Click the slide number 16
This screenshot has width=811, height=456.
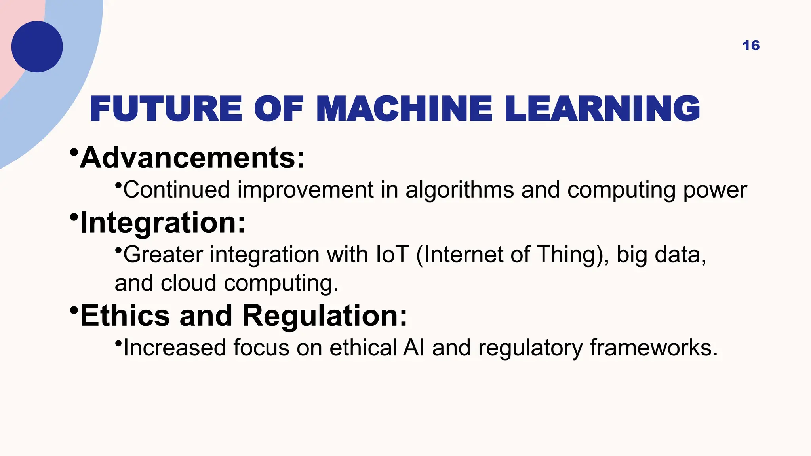(751, 46)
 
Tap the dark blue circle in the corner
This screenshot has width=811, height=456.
(37, 47)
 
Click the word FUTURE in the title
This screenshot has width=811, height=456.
(166, 109)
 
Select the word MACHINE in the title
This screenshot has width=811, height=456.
(404, 109)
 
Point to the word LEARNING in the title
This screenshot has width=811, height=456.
(602, 109)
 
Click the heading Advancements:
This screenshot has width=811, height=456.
(192, 158)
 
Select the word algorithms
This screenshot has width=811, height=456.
(459, 190)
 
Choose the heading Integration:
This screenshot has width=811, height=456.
(162, 223)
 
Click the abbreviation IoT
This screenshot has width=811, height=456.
(392, 255)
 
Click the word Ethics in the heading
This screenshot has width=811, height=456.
(125, 316)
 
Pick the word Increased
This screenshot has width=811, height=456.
(175, 348)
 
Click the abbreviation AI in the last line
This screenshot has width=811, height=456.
(413, 348)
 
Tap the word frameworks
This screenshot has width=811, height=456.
(653, 348)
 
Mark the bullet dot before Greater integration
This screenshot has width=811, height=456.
(118, 250)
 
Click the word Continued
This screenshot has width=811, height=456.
(177, 190)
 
